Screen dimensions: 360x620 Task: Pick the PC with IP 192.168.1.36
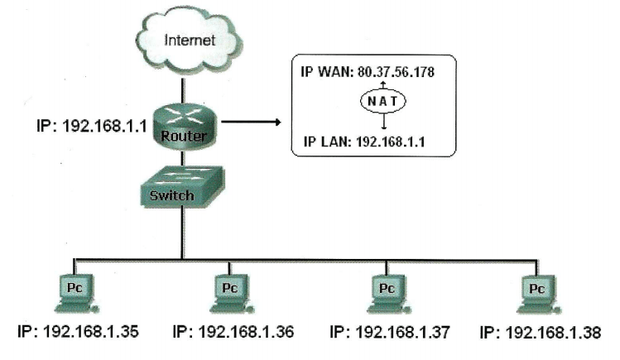228,291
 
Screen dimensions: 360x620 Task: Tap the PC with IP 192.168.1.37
386,291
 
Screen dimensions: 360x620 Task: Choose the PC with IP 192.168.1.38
536,291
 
